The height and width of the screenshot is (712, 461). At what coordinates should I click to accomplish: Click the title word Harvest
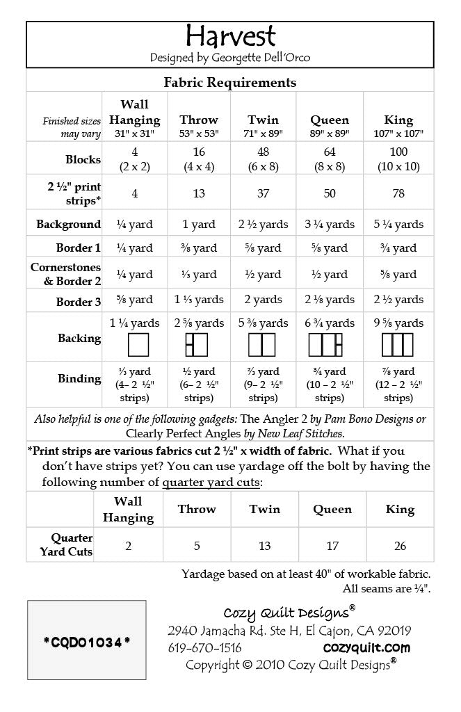(230, 36)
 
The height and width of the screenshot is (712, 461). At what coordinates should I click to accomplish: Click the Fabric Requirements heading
(230, 82)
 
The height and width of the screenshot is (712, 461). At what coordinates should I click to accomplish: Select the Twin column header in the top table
(263, 120)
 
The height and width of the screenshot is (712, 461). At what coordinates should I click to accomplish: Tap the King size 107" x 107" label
(398, 133)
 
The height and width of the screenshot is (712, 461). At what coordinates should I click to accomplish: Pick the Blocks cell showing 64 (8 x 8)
(330, 159)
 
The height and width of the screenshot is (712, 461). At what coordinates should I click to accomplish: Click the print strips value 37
(263, 193)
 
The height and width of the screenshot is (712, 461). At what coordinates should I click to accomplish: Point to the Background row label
(68, 225)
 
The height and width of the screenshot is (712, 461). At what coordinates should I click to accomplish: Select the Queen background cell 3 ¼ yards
(330, 225)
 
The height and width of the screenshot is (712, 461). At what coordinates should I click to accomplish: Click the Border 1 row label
(79, 248)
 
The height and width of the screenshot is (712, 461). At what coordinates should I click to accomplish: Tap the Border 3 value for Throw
(199, 300)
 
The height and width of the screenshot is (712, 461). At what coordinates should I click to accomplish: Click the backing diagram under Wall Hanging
(135, 344)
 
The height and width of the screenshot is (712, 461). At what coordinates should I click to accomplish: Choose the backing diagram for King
(398, 344)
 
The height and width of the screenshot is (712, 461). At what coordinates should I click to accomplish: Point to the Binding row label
(79, 379)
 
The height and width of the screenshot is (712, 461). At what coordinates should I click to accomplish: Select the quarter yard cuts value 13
(265, 546)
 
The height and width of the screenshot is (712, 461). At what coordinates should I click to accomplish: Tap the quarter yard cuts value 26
(400, 546)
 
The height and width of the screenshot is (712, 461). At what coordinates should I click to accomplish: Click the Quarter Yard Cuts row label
(72, 545)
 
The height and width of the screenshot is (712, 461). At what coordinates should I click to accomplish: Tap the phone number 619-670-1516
(204, 648)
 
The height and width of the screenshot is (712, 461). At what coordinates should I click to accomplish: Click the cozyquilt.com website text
(366, 648)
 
